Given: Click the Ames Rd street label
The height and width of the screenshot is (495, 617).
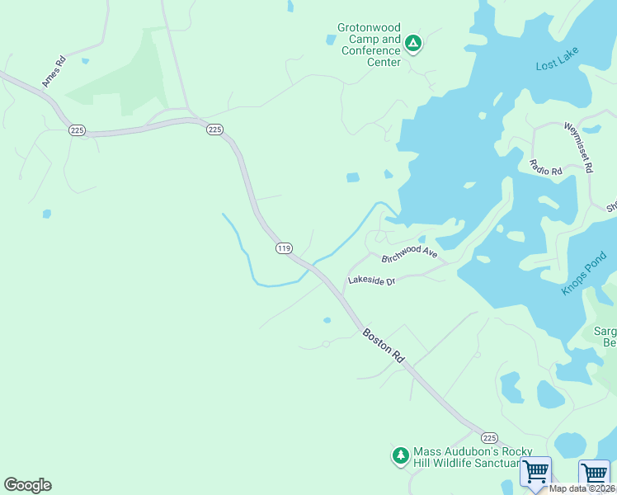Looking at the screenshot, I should point(54,72).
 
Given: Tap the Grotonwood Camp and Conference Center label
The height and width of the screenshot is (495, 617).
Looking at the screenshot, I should point(369,45).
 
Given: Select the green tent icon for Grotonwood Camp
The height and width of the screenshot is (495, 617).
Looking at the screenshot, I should point(413,43).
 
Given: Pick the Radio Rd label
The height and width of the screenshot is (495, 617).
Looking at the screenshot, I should point(545,167).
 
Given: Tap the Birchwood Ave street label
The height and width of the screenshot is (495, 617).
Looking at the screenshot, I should point(409,252).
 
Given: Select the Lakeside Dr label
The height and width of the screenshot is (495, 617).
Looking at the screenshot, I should point(372,280).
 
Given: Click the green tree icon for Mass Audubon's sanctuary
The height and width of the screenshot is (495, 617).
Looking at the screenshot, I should point(400,455).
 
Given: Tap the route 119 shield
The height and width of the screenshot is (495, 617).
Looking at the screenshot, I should point(284,247).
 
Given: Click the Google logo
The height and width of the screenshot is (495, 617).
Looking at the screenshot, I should point(27,485).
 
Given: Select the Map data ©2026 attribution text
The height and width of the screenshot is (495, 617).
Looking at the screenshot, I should point(580,488).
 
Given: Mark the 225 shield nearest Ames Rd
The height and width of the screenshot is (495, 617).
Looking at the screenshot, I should point(78,130).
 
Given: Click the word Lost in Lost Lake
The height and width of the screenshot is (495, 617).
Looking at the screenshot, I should point(547,64).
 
